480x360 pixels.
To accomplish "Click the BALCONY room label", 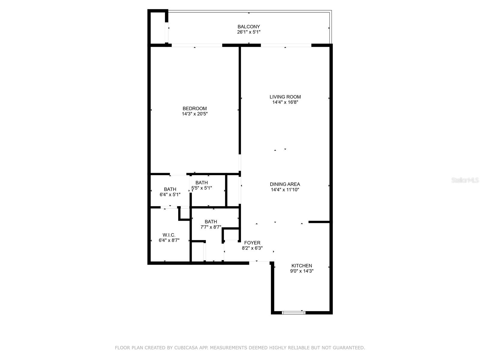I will pyautogui.click(x=249, y=27).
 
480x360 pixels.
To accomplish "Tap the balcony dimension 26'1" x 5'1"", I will pyautogui.click(x=249, y=32).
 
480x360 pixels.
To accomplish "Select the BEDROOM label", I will pyautogui.click(x=195, y=109).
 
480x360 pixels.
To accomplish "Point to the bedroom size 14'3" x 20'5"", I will pyautogui.click(x=195, y=114).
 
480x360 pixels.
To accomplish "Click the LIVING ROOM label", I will pyautogui.click(x=285, y=97).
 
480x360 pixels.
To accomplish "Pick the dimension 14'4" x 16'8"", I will pyautogui.click(x=285, y=102).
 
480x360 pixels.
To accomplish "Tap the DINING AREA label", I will pyautogui.click(x=285, y=184).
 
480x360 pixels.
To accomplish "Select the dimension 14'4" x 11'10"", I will pyautogui.click(x=285, y=190).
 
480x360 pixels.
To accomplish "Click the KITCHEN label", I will pyautogui.click(x=302, y=266).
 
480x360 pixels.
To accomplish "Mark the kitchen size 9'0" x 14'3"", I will pyautogui.click(x=302, y=271).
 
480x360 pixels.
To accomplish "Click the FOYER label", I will pyautogui.click(x=252, y=243).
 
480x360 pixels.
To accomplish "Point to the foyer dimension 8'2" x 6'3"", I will pyautogui.click(x=252, y=248).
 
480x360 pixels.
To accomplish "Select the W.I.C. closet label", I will pyautogui.click(x=169, y=235).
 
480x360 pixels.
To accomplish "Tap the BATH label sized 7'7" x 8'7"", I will pyautogui.click(x=211, y=222).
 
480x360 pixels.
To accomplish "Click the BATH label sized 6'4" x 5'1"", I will pyautogui.click(x=170, y=189).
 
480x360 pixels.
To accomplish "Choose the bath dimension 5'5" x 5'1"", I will pyautogui.click(x=202, y=188).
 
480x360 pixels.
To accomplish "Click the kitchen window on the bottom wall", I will pyautogui.click(x=294, y=313).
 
